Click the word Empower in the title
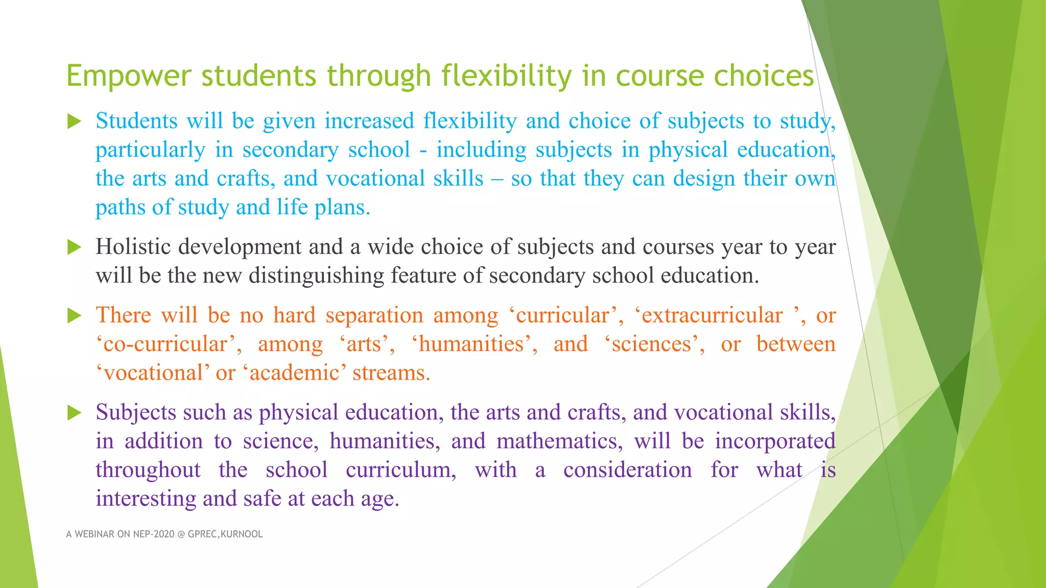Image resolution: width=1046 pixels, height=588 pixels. pos(128,77)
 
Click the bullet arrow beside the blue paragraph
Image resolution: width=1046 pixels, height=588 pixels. pos(75,121)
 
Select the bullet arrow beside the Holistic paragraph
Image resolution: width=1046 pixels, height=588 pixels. pos(75,248)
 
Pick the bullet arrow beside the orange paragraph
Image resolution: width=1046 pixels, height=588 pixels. pos(75,316)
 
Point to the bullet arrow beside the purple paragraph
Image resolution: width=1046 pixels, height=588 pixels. pos(75,413)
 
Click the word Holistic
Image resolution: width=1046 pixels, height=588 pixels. pos(133,247)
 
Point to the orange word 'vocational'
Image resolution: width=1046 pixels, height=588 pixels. pos(153,373)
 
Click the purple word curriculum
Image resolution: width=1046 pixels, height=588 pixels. pos(401,470)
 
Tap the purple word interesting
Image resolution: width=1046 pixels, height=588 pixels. pos(146,499)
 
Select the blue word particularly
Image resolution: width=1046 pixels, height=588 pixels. pos(150,151)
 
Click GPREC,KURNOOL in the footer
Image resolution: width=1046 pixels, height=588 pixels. pos(225,534)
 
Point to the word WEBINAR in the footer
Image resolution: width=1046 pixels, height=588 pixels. pos(94,534)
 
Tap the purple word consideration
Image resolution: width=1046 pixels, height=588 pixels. pos(627,470)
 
